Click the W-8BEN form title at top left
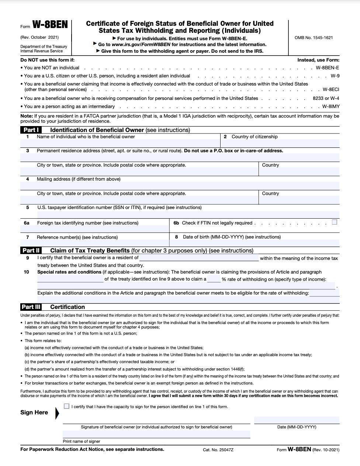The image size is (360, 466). tap(50, 25)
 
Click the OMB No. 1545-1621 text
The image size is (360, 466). tap(314, 38)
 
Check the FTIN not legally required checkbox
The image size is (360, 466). tap(334, 222)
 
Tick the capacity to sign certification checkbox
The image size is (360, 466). tap(66, 406)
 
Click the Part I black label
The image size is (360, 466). tap(31, 130)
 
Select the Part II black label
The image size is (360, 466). tap(31, 250)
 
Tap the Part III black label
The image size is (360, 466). tap(31, 307)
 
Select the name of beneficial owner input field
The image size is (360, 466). tap(120, 143)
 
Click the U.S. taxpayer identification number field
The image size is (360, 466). tap(188, 214)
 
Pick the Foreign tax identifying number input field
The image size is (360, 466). tap(95, 229)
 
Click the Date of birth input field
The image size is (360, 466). tap(255, 243)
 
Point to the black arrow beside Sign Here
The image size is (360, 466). tap(57, 413)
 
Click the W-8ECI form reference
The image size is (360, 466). tap(330, 90)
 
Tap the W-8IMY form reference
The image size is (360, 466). tap(330, 107)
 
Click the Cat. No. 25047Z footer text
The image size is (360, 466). tap(218, 450)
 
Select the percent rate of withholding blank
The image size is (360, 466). tap(214, 279)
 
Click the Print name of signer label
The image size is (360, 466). tap(82, 441)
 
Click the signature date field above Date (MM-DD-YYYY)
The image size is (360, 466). tap(297, 420)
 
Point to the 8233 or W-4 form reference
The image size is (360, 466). tap(326, 98)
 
